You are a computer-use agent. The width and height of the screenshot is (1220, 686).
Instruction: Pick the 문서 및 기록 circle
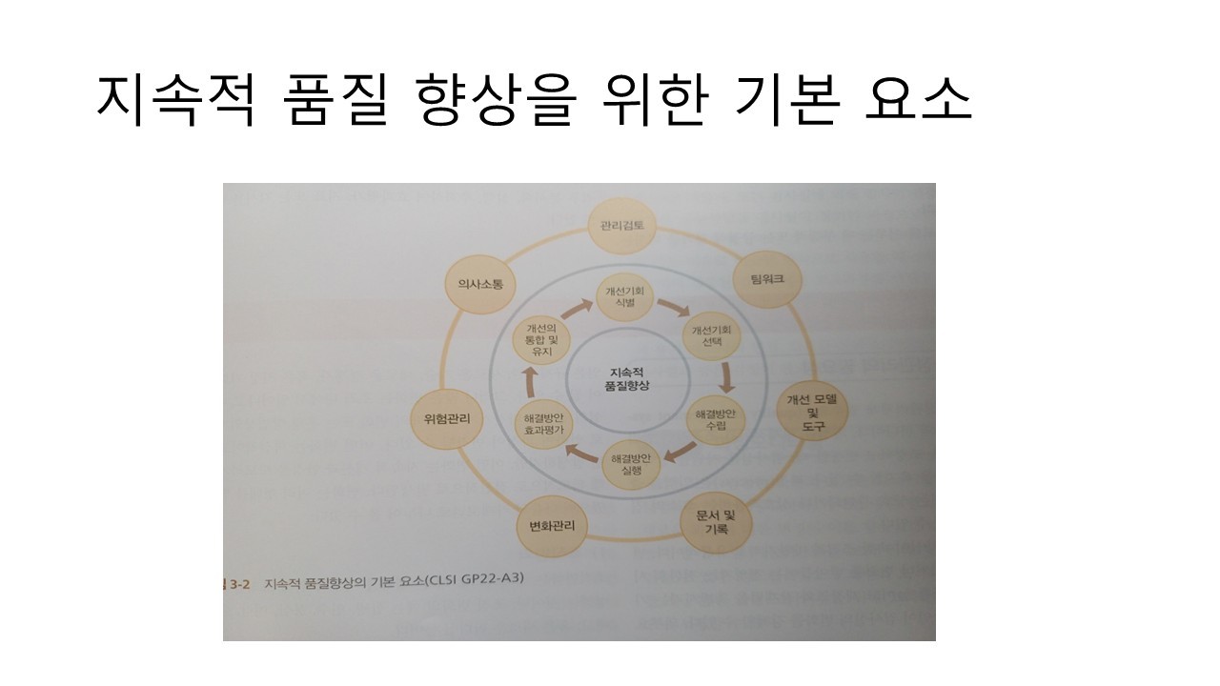click(x=717, y=521)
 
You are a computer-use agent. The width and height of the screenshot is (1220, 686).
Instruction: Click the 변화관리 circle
click(x=552, y=525)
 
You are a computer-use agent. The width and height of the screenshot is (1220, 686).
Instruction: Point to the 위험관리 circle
click(x=446, y=418)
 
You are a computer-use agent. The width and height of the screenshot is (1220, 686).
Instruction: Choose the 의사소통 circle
click(x=480, y=284)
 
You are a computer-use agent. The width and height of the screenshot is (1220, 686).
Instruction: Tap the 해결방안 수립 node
click(x=717, y=420)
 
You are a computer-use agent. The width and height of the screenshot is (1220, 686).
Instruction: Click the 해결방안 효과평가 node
click(x=544, y=423)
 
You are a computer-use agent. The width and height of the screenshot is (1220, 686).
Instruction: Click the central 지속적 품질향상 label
click(x=625, y=378)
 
